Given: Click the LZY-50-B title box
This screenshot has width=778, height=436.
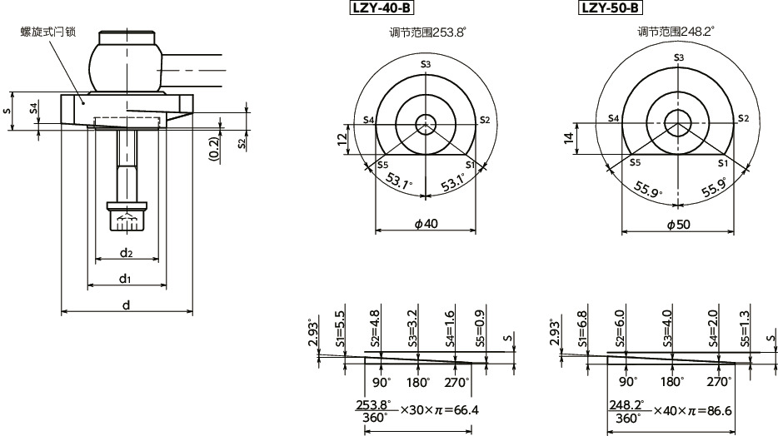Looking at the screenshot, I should pos(610,8).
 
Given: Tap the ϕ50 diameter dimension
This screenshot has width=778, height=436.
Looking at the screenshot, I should pos(679,225).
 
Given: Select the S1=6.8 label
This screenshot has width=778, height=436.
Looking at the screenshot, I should pos(582,329).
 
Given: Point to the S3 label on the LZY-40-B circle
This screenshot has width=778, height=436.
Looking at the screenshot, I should pos(426,64).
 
